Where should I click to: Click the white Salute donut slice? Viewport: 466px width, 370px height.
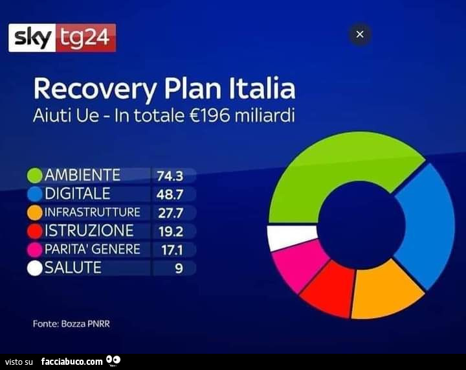coord(291,237)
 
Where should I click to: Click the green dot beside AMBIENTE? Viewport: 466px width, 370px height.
coord(35,175)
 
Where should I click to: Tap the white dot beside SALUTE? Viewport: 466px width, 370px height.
coord(35,268)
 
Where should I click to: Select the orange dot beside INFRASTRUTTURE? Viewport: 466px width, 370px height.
coord(35,212)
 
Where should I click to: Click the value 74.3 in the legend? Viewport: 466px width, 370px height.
coord(170,175)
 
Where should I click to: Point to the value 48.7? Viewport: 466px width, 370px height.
coord(170,194)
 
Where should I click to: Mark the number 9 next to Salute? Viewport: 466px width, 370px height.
coord(178,268)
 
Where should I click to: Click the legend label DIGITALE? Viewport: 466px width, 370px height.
coord(78,194)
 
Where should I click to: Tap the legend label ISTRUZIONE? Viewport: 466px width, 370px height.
coord(89,231)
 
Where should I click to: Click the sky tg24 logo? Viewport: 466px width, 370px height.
coord(62,38)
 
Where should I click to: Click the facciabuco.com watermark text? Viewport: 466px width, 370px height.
coord(72,361)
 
